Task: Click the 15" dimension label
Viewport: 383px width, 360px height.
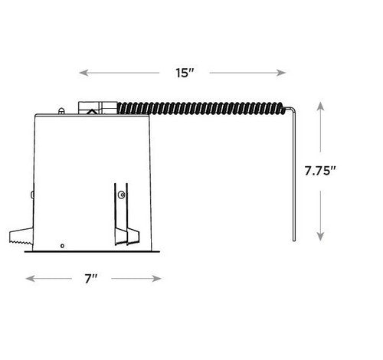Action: (185, 73)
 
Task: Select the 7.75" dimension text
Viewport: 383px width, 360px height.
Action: (320, 171)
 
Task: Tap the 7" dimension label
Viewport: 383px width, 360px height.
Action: (91, 279)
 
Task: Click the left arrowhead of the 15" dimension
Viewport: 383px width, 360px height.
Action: (83, 73)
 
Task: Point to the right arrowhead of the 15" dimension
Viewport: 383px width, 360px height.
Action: (281, 73)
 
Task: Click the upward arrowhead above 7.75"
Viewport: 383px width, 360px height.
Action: (320, 106)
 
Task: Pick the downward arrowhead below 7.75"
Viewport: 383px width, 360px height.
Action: (320, 236)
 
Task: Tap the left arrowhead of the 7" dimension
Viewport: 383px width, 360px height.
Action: (30, 278)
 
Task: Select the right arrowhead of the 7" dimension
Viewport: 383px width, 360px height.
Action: (156, 278)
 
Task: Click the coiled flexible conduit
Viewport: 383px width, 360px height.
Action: (201, 108)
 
